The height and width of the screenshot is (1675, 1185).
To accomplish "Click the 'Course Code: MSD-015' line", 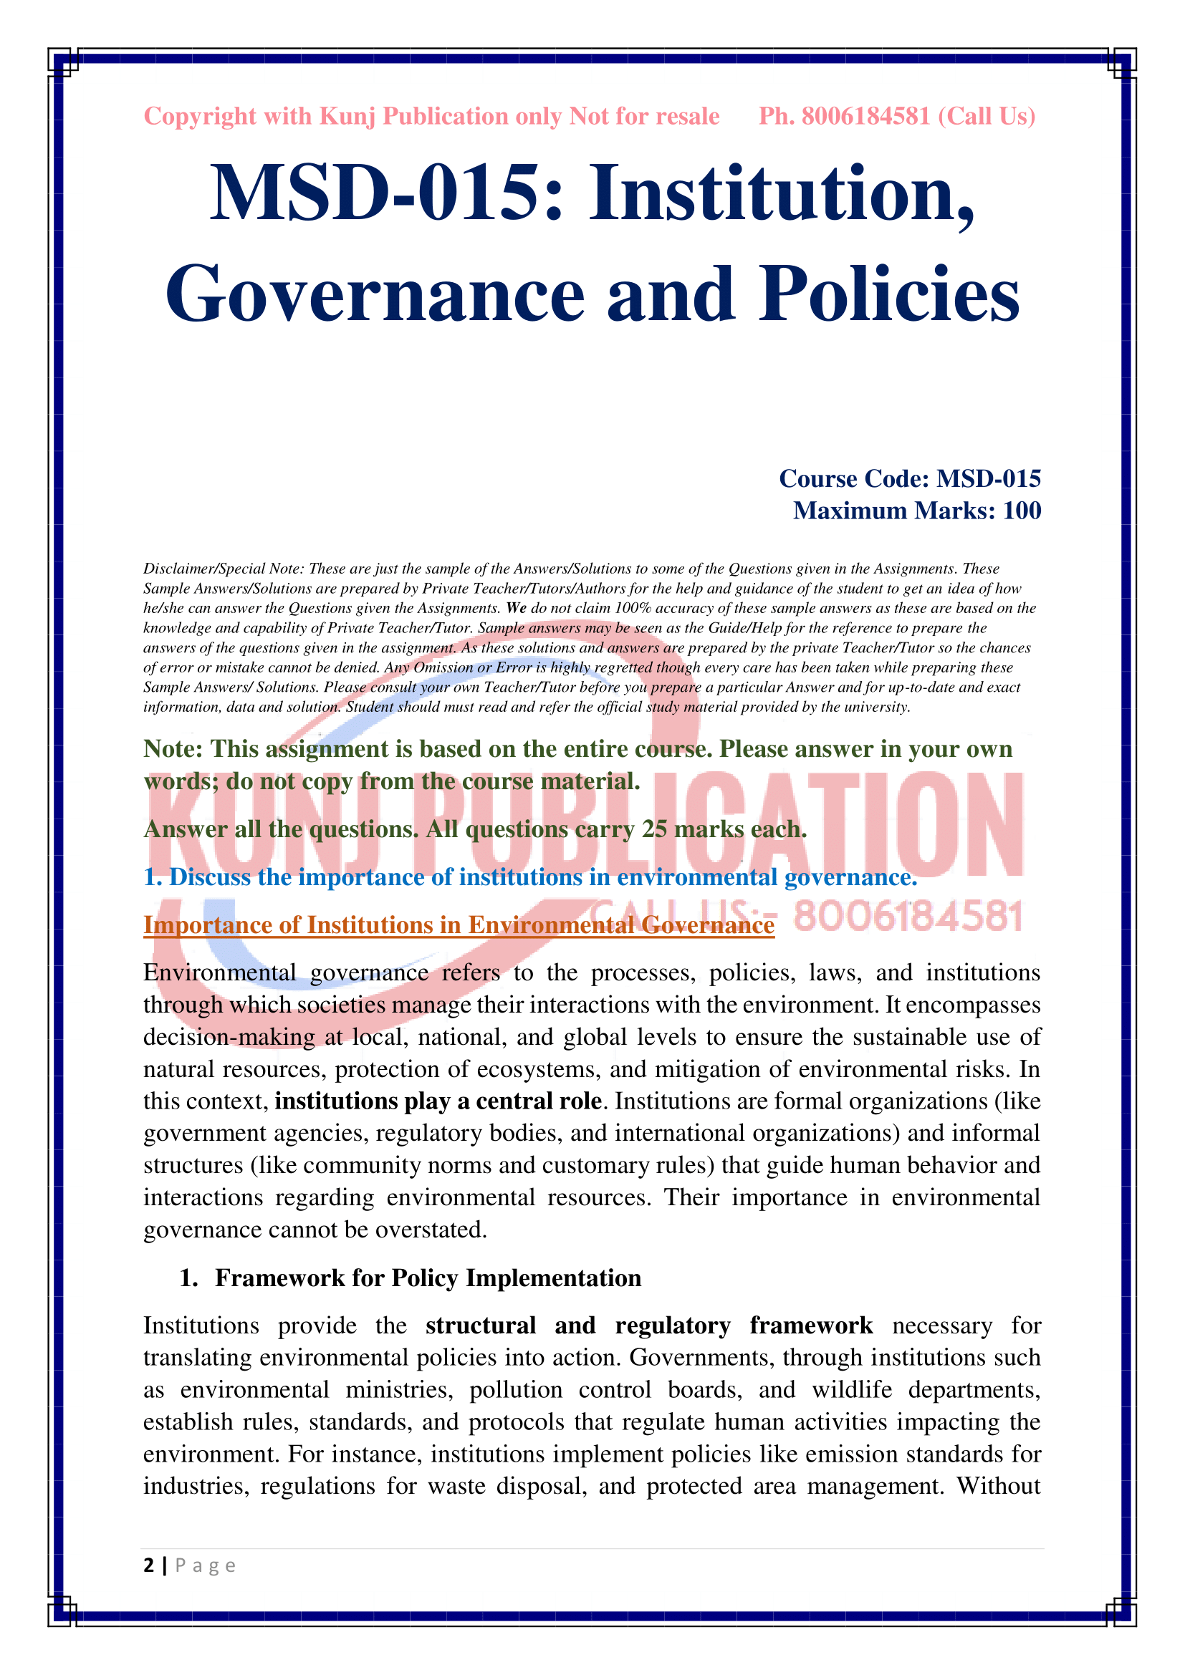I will click(x=909, y=478).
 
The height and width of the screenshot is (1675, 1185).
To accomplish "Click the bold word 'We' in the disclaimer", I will click(x=516, y=609).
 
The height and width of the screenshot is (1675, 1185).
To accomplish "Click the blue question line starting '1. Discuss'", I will click(x=529, y=877).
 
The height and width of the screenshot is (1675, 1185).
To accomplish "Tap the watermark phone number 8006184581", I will click(x=908, y=917).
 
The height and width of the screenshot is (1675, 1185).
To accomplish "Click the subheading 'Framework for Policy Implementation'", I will click(x=428, y=1278).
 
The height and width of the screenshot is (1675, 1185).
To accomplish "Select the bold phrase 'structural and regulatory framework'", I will click(x=648, y=1326).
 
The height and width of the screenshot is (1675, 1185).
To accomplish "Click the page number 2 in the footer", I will click(x=149, y=1565).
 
